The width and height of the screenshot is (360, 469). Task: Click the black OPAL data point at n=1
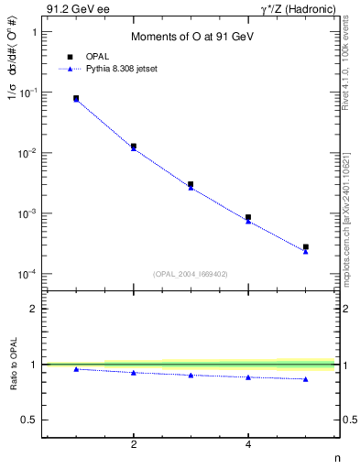76,98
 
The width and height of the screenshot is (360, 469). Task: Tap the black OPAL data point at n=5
306,246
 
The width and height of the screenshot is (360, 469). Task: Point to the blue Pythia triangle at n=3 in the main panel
191,188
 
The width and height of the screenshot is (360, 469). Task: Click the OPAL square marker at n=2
134,146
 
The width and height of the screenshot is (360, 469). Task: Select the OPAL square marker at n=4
248,217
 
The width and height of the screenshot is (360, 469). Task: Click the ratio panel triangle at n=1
76,369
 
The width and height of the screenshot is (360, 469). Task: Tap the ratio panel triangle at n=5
306,379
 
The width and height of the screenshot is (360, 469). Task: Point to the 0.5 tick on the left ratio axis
30,420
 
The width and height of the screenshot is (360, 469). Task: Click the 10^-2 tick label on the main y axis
27,154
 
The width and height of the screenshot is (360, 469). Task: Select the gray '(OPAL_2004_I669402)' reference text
191,273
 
